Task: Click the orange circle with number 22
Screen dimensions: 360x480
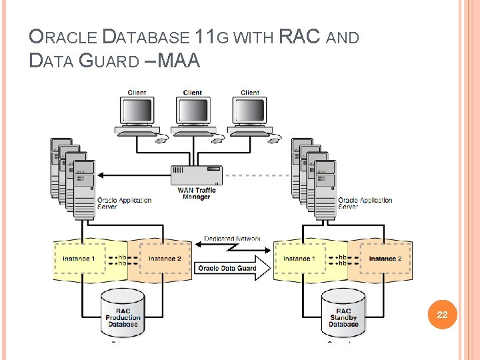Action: point(442,315)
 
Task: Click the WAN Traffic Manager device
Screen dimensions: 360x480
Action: point(196,176)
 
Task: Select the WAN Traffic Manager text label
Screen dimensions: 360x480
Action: point(196,193)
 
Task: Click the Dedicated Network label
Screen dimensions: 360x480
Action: point(233,239)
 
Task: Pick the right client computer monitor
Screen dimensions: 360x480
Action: point(249,111)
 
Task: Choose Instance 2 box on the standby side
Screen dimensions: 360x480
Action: point(385,259)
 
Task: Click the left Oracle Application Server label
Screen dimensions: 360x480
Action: point(124,203)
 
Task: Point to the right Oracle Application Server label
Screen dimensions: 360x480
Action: point(365,203)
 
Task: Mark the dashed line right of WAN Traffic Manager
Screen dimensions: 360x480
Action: point(257,176)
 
